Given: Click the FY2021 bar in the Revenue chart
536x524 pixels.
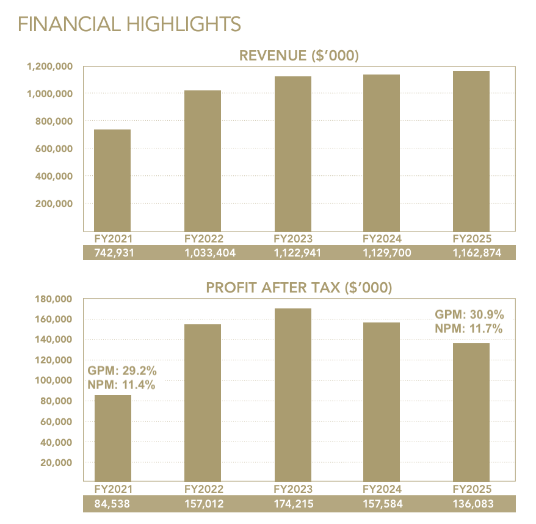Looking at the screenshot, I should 112,180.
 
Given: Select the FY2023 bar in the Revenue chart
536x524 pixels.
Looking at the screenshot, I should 292,153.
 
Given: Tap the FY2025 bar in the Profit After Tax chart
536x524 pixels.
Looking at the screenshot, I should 471,412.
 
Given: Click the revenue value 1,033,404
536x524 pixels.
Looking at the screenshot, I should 203,252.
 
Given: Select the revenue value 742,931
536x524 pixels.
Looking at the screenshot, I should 113,252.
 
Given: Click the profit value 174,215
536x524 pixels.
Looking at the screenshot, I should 292,504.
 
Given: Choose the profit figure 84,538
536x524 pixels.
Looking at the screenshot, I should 113,504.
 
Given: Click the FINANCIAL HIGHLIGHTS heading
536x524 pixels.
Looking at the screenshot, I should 129,24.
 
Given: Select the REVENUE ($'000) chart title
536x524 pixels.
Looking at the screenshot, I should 299,56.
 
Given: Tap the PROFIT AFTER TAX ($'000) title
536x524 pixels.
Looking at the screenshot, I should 299,288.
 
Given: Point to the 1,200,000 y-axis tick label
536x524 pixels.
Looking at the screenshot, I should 49,66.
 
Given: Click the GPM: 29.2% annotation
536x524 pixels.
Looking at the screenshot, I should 122,371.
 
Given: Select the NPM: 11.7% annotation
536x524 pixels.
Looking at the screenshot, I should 468,329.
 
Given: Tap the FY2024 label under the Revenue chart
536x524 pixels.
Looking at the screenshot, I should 382,238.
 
